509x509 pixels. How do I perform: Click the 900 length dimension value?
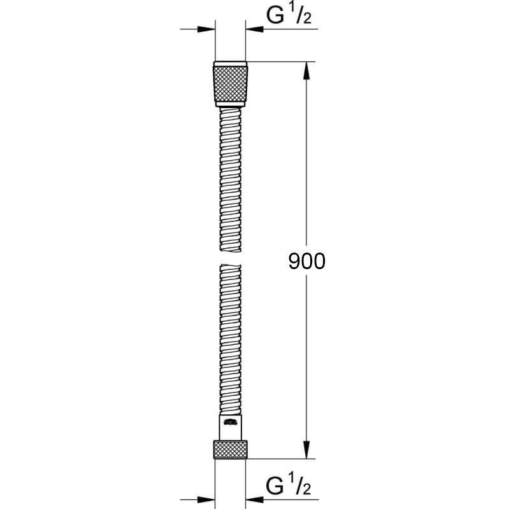[x=306, y=261]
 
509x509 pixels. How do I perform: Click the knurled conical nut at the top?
[x=231, y=83]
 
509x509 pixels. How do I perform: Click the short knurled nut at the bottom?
[x=231, y=449]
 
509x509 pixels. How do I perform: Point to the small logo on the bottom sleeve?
[x=230, y=421]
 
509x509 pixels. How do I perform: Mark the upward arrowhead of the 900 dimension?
[x=307, y=70]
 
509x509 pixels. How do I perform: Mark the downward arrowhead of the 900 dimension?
[x=307, y=450]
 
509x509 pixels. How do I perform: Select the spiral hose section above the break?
[x=230, y=178]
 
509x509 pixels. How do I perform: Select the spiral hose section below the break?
[x=230, y=337]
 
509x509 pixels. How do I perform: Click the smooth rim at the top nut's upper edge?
[x=230, y=64]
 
